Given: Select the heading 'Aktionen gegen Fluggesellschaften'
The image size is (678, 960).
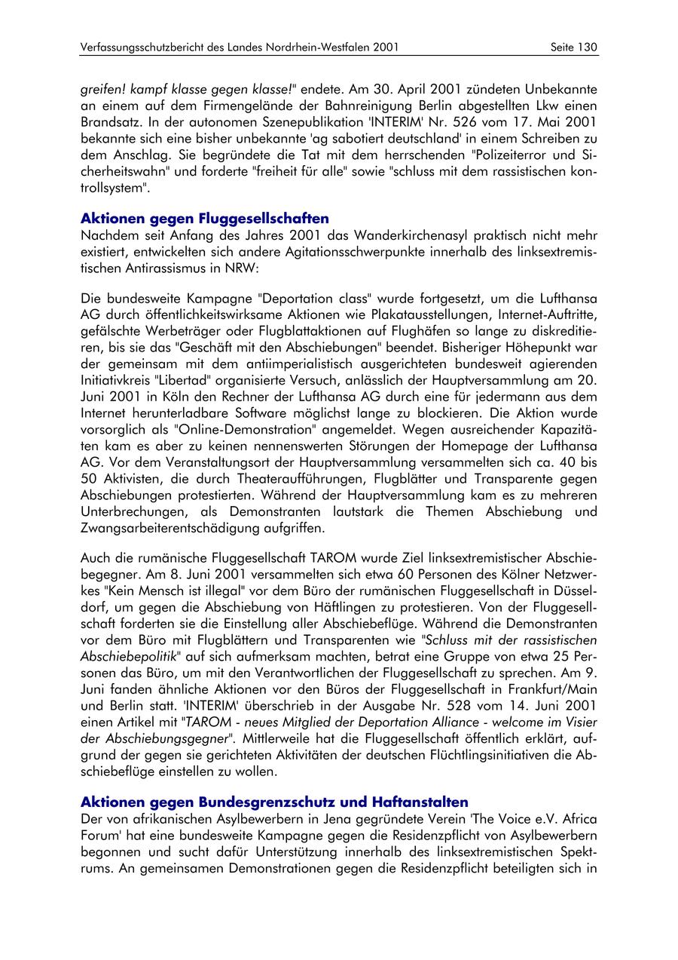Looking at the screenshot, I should tap(204, 219).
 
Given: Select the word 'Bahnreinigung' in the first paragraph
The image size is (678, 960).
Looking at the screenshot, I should tap(369, 104).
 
